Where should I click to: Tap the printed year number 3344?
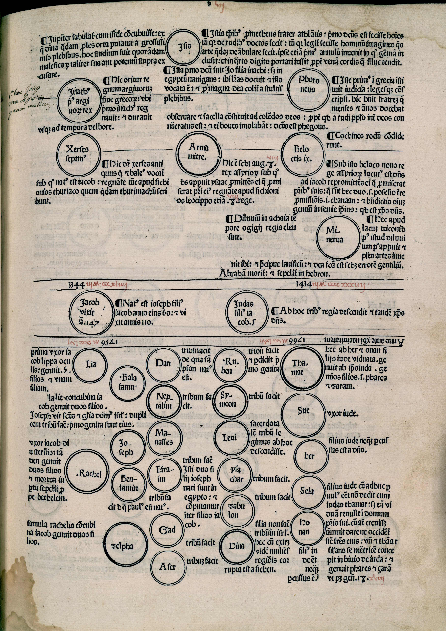click(77, 286)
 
